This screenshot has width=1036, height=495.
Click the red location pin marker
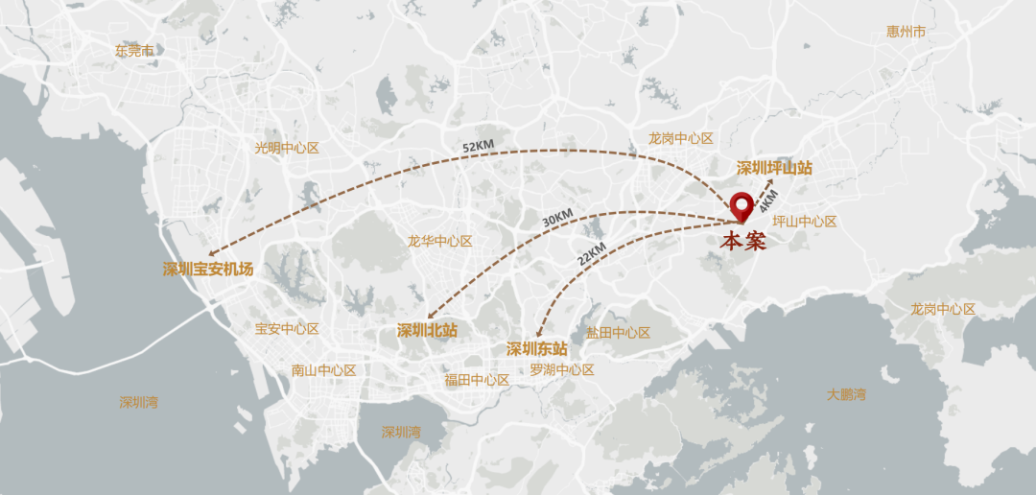pyautogui.click(x=742, y=206)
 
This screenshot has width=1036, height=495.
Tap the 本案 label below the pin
pyautogui.click(x=743, y=241)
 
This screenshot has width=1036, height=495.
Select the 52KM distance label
pyautogui.click(x=478, y=146)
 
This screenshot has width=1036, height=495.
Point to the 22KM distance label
pyautogui.click(x=592, y=254)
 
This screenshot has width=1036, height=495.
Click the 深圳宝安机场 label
pyautogui.click(x=208, y=270)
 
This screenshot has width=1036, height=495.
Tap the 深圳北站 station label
pyautogui.click(x=427, y=330)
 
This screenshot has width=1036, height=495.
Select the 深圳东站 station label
pyautogui.click(x=536, y=348)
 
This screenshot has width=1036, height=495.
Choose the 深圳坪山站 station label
pyautogui.click(x=774, y=168)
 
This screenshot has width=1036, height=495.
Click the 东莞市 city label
pyautogui.click(x=134, y=50)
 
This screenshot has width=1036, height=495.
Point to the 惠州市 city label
pyautogui.click(x=906, y=32)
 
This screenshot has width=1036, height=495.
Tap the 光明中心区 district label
pyautogui.click(x=286, y=148)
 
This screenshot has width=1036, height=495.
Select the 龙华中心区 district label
pyautogui.click(x=439, y=241)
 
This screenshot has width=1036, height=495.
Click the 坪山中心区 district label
pyautogui.click(x=804, y=222)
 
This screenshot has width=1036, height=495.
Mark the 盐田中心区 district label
pyautogui.click(x=618, y=333)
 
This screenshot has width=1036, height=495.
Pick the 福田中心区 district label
pyautogui.click(x=477, y=379)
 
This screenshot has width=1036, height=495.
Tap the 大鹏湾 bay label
pyautogui.click(x=846, y=394)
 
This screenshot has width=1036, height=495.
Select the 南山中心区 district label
pyautogui.click(x=323, y=370)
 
